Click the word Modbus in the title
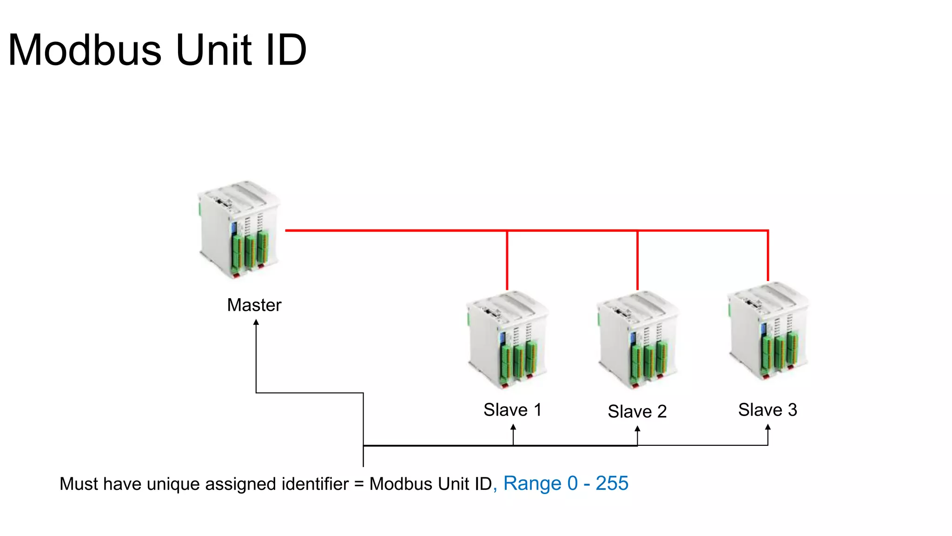coord(85,50)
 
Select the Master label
coord(254,305)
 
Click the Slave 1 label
coord(512,410)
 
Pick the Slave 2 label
coord(637,411)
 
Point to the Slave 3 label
coord(767,410)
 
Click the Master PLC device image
coord(239,230)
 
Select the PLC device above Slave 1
coord(508,340)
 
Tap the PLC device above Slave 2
coord(637,340)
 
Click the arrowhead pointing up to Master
coord(256,322)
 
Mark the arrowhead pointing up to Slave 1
coord(513,427)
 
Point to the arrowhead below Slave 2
coord(637,429)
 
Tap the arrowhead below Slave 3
coord(768,427)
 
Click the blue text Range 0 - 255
coord(566,483)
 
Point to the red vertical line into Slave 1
coord(507,261)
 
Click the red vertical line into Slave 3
coord(768,256)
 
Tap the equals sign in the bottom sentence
coord(359,485)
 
